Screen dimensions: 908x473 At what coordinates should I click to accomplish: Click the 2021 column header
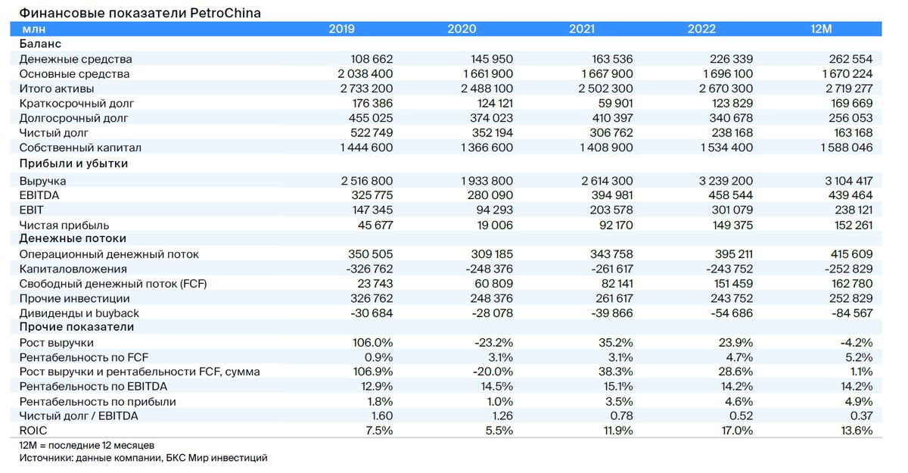click(x=582, y=29)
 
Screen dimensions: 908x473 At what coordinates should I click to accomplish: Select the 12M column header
click(x=821, y=29)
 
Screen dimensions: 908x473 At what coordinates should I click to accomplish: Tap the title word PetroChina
click(x=225, y=13)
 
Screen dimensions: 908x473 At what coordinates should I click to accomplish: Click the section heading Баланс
click(x=40, y=44)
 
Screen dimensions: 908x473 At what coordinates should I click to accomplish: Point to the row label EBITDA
click(x=39, y=195)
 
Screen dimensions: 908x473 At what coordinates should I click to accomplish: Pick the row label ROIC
click(x=33, y=431)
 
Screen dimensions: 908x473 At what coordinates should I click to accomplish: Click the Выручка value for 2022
click(x=726, y=181)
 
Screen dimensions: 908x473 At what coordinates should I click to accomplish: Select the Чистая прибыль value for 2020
click(x=495, y=225)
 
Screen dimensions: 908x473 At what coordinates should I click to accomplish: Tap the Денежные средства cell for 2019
click(x=372, y=59)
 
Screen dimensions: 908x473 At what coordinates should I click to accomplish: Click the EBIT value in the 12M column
click(x=854, y=210)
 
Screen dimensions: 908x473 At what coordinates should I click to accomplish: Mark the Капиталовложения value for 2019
click(x=369, y=269)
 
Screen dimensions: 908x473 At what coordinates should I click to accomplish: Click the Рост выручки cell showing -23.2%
click(x=493, y=343)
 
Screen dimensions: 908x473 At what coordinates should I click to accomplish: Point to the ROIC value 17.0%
click(x=737, y=431)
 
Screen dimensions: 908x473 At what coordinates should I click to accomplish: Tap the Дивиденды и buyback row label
click(x=79, y=313)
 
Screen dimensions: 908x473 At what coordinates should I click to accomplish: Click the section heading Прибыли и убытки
click(x=73, y=163)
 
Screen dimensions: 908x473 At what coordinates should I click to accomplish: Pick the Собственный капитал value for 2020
click(x=487, y=148)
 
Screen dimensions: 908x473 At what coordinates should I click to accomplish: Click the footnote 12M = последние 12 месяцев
click(x=87, y=446)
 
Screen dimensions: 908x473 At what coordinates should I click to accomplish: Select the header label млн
click(x=33, y=30)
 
